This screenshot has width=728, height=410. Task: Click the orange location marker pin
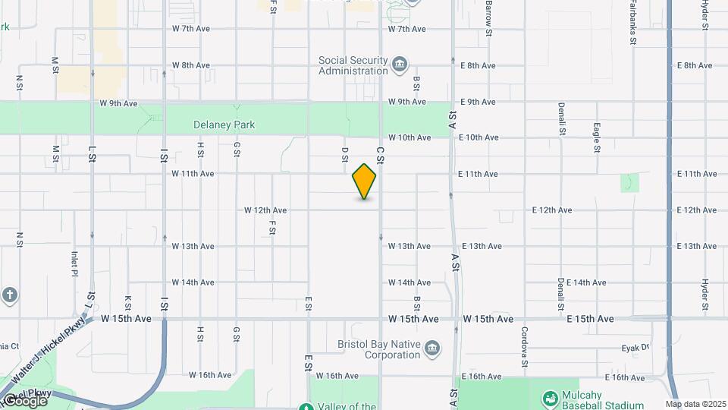point(364,181)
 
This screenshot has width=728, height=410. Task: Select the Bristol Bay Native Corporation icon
point(432,348)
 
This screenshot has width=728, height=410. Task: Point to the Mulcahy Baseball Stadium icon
point(551,397)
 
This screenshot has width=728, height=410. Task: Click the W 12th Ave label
point(265,210)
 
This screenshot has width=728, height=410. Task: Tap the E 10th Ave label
point(478,137)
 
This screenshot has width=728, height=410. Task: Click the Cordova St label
point(524,346)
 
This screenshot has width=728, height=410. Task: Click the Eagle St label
point(597,137)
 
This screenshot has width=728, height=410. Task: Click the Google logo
point(24,400)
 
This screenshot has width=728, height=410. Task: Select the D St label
point(344,155)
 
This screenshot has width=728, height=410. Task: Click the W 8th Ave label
point(191,65)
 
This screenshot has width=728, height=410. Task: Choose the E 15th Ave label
point(590,319)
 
